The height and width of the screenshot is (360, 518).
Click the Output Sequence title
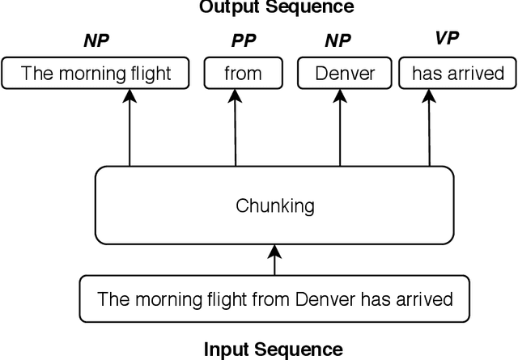(276, 7)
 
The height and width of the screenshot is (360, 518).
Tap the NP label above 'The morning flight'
(96, 40)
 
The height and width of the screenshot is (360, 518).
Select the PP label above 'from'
(243, 40)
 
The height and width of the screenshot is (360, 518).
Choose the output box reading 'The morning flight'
(96, 74)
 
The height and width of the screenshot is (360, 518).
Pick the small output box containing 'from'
(243, 74)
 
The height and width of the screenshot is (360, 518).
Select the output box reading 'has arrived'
(458, 74)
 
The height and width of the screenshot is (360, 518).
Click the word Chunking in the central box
(274, 205)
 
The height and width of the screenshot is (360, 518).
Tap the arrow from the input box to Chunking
(274, 260)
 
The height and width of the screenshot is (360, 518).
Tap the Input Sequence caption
(273, 349)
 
